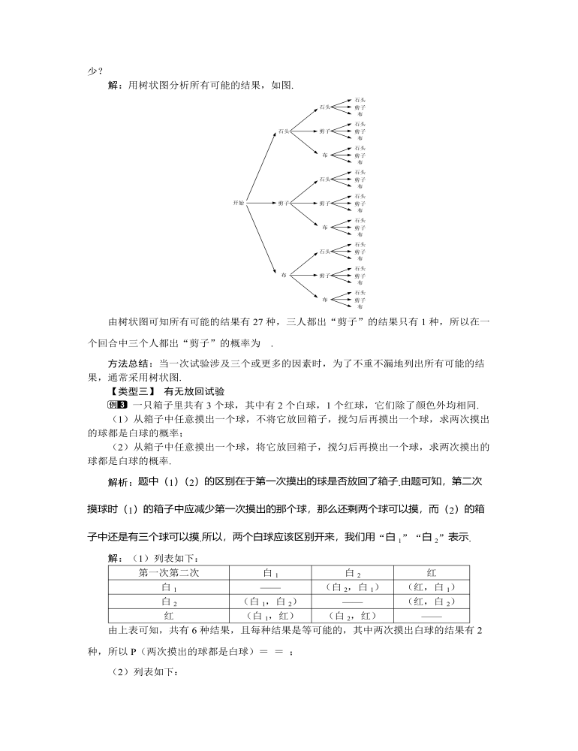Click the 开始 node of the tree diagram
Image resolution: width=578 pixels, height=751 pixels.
[x=238, y=203]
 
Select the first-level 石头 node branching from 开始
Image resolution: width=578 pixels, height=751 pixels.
[x=283, y=131]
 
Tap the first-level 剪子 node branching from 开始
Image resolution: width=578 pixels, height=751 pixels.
[x=284, y=203]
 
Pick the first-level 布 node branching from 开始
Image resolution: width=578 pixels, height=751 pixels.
[x=284, y=275]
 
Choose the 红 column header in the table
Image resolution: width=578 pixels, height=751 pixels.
[x=431, y=573]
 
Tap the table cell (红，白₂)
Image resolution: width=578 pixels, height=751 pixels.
[x=431, y=602]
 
